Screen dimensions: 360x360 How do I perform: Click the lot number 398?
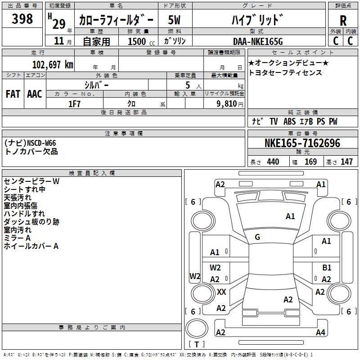pos(22,18)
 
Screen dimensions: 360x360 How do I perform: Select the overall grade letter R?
pos(343,21)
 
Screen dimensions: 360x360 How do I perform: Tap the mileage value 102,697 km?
pos(53,65)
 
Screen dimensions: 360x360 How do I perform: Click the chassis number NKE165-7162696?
pos(302,143)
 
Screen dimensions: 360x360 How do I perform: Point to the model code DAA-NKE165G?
pos(258,41)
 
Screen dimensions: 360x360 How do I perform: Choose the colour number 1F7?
pos(74,104)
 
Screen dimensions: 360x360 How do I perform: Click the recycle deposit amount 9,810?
pos(227,104)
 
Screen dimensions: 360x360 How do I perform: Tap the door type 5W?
pos(174,20)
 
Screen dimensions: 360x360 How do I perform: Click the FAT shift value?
pos(13,94)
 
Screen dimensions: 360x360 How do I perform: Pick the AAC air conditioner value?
pos(35,94)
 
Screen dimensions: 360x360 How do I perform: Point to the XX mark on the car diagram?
pos(221,292)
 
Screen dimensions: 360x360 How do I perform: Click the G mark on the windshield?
pos(257,237)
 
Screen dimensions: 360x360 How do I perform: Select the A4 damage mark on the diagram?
pos(320,332)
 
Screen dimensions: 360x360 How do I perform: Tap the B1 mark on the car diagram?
pos(327,267)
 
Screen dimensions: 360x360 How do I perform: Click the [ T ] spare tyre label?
pos(197,344)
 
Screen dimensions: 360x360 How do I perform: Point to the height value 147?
pos(346,162)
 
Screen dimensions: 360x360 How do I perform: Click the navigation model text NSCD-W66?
pos(41,143)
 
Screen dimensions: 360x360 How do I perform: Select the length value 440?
pos(273,162)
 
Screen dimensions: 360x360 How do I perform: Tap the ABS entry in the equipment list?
pos(289,121)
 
